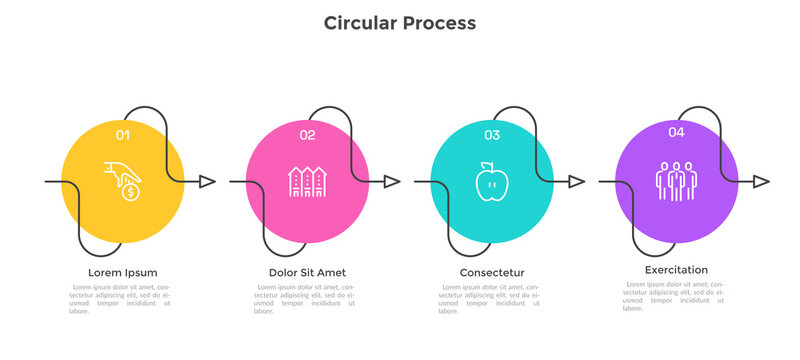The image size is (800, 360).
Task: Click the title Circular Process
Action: tap(399, 22)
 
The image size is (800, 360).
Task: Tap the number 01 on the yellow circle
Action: tap(122, 134)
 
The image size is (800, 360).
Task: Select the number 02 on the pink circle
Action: tap(307, 134)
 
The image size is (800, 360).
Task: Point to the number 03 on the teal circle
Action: tap(492, 134)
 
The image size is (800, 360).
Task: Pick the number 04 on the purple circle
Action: tap(677, 131)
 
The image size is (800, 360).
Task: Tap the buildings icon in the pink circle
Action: tap(307, 181)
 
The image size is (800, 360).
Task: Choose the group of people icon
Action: tap(676, 181)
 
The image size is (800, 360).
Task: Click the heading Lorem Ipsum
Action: tap(122, 272)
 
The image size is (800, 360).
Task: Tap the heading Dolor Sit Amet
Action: tap(307, 272)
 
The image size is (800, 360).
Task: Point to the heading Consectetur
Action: tap(492, 272)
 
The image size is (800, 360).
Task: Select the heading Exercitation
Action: tap(676, 270)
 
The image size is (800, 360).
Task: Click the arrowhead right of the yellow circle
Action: tap(208, 181)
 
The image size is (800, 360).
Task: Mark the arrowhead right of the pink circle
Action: tap(393, 181)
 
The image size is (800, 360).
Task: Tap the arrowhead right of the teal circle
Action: tap(578, 181)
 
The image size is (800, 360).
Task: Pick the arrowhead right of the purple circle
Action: tap(762, 181)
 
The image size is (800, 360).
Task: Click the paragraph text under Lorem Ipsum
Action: tap(122, 299)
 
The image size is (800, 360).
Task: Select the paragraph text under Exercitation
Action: tap(676, 296)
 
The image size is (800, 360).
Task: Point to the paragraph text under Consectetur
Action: tap(492, 299)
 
